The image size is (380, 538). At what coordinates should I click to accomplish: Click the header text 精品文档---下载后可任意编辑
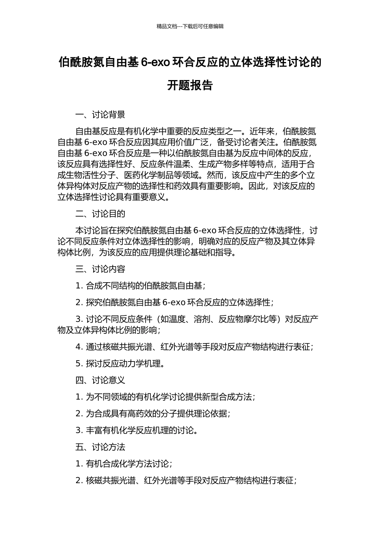[190, 26]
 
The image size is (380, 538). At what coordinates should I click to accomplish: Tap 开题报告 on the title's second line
[190, 85]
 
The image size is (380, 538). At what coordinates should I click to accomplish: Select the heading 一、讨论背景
[100, 115]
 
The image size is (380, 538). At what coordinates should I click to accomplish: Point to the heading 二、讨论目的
[100, 214]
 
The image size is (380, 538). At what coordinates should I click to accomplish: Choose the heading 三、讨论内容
[100, 269]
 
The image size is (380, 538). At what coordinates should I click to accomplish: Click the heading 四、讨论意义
[100, 380]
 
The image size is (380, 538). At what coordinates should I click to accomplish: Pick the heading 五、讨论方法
[100, 447]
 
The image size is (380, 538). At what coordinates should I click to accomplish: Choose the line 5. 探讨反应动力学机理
[120, 363]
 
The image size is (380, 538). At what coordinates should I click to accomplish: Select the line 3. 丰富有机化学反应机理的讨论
[137, 430]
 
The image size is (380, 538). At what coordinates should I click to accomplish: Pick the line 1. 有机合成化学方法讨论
[124, 464]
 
